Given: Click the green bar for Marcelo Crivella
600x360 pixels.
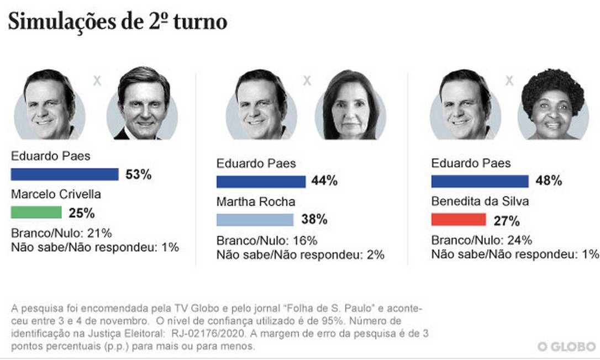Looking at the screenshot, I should [36, 212].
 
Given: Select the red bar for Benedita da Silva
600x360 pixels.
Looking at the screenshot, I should [458, 220].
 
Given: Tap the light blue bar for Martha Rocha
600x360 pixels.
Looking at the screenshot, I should [255, 220].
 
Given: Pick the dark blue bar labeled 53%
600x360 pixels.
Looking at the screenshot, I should [65, 174].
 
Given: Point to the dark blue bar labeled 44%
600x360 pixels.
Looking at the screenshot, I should [261, 182].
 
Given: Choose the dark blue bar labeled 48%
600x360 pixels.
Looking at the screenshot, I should [480, 181].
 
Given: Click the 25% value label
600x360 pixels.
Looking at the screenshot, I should [82, 213].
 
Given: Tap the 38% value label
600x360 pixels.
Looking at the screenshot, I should [314, 220].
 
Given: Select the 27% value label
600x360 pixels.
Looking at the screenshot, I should [507, 221].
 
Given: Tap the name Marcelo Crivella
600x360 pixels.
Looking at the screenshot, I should [56, 194].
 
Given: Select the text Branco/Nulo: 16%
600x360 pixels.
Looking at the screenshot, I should [267, 240].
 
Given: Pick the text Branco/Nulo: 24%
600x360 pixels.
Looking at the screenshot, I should [481, 240].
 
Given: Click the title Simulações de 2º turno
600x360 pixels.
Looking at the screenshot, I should [117, 22].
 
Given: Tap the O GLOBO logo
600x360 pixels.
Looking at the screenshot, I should [566, 347].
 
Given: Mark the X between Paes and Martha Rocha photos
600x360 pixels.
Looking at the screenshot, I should [307, 81].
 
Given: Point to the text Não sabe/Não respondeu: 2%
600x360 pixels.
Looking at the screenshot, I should [301, 255].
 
